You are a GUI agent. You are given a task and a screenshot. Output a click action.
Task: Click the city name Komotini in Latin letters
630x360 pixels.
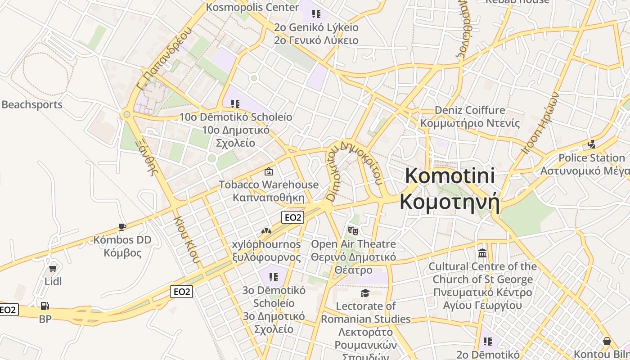click(450, 175)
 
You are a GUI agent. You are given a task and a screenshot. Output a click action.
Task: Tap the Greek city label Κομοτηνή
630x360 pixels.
click(450, 202)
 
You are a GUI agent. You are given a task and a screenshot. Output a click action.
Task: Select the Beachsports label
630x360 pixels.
click(32, 105)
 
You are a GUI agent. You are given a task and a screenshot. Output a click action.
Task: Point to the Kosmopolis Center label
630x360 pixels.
click(252, 7)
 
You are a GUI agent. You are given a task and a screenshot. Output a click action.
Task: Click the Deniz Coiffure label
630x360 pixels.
click(470, 110)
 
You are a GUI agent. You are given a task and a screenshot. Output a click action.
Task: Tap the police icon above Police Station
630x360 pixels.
click(592, 144)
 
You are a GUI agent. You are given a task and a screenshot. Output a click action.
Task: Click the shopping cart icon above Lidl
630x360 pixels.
click(53, 269)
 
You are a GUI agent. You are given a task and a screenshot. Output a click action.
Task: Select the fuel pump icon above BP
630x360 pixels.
click(45, 306)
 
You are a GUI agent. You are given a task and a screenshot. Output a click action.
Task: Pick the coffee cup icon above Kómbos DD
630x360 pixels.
click(122, 227)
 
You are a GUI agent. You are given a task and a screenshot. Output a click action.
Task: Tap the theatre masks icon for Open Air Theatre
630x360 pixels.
click(353, 231)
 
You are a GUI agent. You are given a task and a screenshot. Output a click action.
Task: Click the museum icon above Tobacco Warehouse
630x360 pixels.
click(269, 171)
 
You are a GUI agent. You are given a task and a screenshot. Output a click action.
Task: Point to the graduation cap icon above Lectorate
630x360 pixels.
click(365, 293)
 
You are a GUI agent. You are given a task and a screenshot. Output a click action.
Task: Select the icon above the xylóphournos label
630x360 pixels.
click(266, 231)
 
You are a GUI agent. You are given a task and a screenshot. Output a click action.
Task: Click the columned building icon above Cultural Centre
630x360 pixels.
click(482, 253)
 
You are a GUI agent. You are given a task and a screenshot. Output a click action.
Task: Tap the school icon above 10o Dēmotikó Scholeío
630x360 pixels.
click(235, 104)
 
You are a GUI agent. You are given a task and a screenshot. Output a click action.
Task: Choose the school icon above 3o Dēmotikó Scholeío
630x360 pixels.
click(273, 277)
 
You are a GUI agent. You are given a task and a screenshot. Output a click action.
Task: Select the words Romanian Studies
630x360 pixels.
click(365, 319)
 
